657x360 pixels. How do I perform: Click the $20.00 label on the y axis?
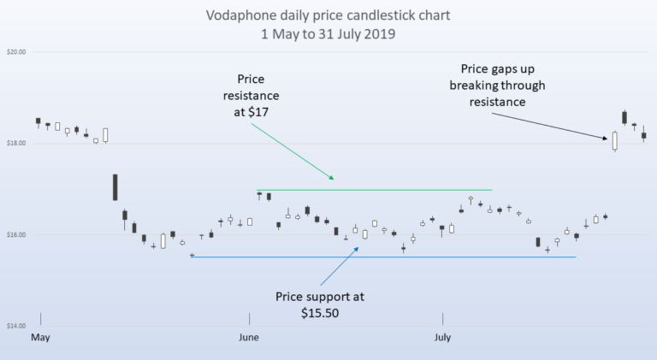click(x=16, y=51)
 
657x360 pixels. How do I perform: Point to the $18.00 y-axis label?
click(x=16, y=144)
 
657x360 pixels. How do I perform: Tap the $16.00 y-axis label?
click(x=16, y=235)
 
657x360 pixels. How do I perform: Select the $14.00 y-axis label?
click(x=16, y=326)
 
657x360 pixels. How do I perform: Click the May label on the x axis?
click(x=40, y=338)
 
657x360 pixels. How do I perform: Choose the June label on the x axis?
click(x=249, y=338)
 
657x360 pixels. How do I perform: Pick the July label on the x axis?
click(x=442, y=338)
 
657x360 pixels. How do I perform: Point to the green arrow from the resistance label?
click(x=291, y=151)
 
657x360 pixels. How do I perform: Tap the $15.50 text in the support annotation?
click(x=320, y=314)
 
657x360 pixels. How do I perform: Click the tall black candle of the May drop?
click(x=115, y=187)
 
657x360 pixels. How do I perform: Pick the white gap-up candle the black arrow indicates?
click(x=614, y=141)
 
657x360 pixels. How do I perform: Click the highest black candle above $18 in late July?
click(x=625, y=117)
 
